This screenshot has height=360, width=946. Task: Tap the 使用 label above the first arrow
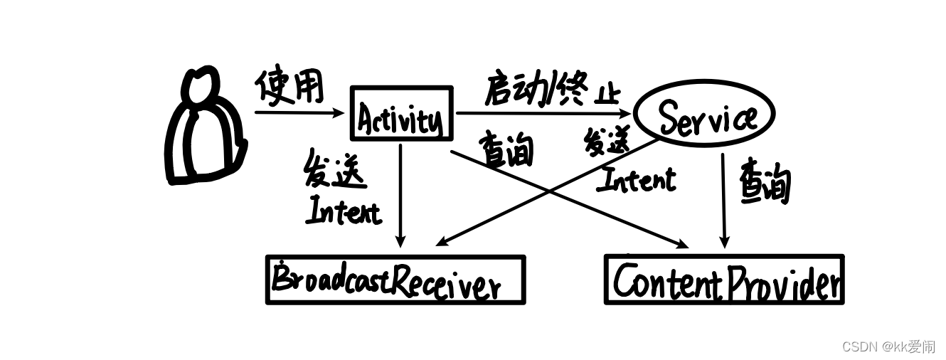click(x=289, y=88)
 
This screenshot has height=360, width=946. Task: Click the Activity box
click(x=402, y=114)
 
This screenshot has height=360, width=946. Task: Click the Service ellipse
click(x=703, y=116)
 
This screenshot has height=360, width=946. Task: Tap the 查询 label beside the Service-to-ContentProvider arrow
click(x=765, y=181)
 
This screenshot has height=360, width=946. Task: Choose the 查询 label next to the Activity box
click(x=507, y=149)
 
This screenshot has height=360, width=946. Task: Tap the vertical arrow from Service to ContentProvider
click(x=723, y=199)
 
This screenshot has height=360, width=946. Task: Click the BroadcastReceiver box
click(x=395, y=280)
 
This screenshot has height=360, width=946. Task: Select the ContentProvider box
click(x=724, y=280)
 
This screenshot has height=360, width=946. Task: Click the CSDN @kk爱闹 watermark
click(x=888, y=346)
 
